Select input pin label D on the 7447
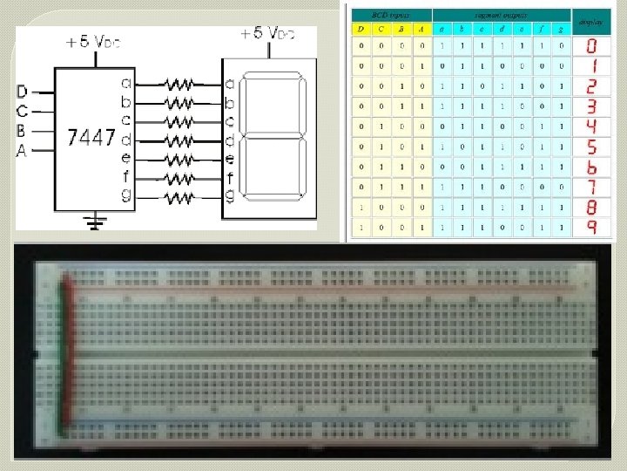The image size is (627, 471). pos(22,91)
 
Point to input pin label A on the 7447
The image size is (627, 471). pos(22,150)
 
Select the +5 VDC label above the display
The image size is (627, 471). pos(267,34)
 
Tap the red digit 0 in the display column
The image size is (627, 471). pos(591,45)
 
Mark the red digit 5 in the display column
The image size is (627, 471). pos(591,147)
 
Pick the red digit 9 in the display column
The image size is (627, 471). pos(591,227)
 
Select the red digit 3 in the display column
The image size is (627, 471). pos(591,106)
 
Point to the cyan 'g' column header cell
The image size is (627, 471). pos(561,29)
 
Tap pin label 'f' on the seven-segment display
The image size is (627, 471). pos(230,179)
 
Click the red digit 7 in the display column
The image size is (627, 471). pos(591,187)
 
